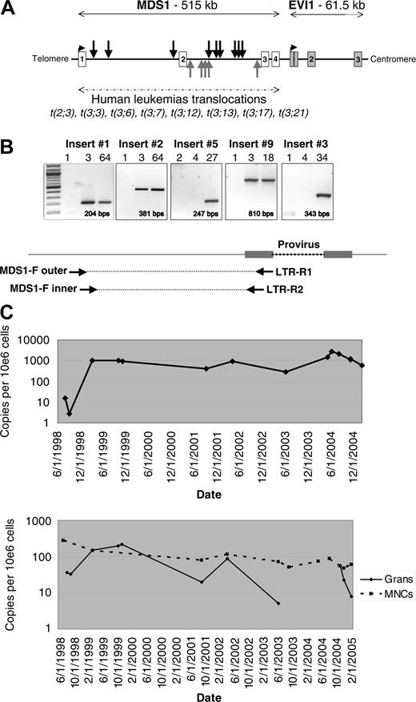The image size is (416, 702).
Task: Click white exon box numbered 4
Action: coord(275,60)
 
